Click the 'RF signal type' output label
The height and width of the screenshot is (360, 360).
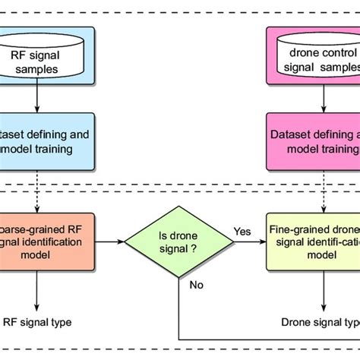tap(38, 323)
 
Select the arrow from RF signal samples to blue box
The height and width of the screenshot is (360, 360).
tap(37, 99)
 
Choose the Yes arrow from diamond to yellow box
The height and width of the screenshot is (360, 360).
tap(247, 242)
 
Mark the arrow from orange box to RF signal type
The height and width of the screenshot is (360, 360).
tap(37, 289)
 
